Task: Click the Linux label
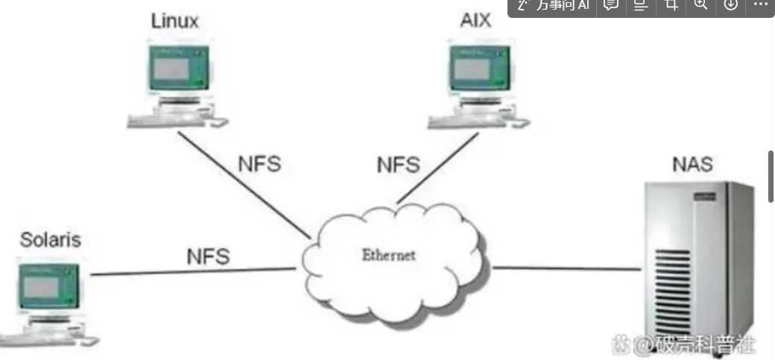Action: point(175,20)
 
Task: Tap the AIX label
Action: point(475,20)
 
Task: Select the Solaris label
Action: point(51,240)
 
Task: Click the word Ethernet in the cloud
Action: point(388,255)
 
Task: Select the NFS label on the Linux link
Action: point(259,164)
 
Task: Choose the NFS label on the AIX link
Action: point(398,164)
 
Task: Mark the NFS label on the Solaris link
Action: point(208,256)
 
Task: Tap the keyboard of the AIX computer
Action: point(462,121)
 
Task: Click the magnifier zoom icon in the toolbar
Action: point(700,4)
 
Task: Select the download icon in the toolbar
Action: point(730,4)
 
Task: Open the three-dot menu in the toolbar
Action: point(760,4)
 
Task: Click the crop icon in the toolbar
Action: point(671,4)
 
